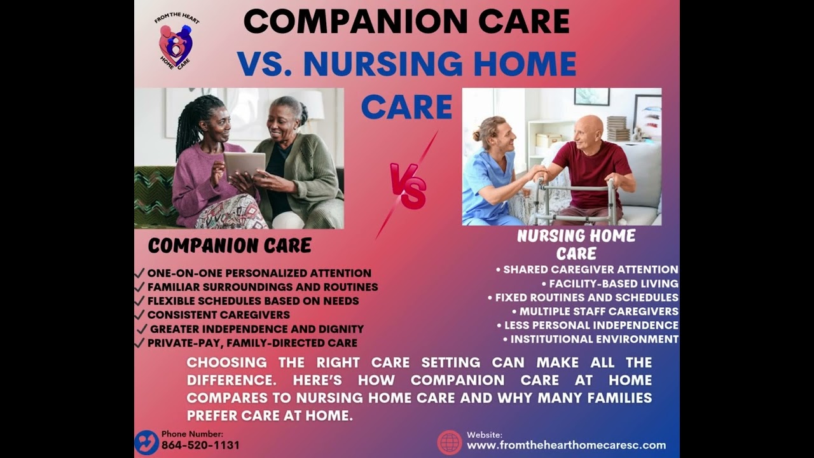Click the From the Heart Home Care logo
point(176,41)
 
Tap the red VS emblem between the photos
point(408,186)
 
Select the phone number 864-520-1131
point(200,445)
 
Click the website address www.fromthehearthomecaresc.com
point(566,445)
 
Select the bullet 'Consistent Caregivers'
point(218,315)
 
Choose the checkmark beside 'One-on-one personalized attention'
point(140,273)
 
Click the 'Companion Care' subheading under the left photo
point(230,246)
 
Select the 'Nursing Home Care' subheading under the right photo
point(576,244)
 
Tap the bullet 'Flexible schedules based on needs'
point(252,301)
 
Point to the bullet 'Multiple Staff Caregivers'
point(598,312)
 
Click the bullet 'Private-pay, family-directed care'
point(252,343)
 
